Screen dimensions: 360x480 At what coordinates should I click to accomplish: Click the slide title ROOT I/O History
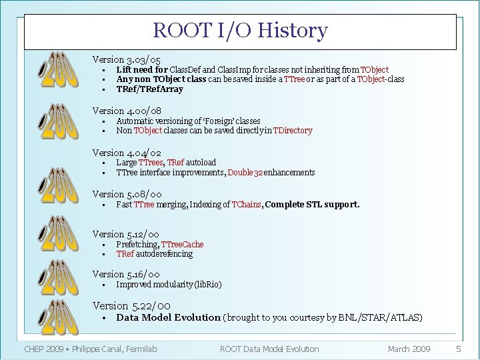click(x=240, y=31)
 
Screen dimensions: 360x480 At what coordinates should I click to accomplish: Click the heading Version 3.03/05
click(x=127, y=59)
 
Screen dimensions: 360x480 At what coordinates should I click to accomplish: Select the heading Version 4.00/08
click(x=127, y=111)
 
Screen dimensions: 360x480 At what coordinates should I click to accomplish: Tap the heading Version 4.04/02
click(x=127, y=153)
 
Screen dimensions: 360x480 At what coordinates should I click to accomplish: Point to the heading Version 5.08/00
click(x=127, y=194)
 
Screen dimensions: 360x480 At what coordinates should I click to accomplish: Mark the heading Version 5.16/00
click(x=126, y=274)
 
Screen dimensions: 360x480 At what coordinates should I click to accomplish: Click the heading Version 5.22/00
click(x=127, y=305)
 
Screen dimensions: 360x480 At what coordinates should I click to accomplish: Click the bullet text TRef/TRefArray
click(x=149, y=89)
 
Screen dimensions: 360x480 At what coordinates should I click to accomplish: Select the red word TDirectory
click(x=290, y=131)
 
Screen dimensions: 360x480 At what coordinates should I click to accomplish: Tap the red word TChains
click(x=247, y=204)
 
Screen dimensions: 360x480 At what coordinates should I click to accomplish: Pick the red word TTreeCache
click(x=183, y=244)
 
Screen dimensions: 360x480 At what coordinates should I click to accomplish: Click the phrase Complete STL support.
click(x=313, y=204)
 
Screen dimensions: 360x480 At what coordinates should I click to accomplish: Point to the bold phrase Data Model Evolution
click(x=168, y=317)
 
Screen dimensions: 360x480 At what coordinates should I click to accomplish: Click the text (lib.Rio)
click(x=207, y=284)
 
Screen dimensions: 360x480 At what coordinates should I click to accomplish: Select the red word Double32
click(x=245, y=173)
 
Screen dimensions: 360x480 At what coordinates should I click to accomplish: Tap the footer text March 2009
click(x=409, y=349)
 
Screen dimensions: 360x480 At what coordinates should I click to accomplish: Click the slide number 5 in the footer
click(x=458, y=349)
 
